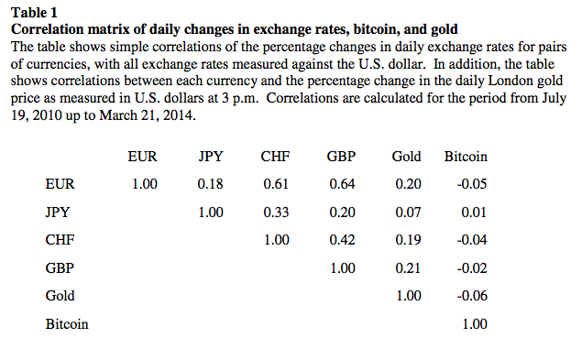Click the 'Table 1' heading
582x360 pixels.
pyautogui.click(x=34, y=13)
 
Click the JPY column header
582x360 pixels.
pyautogui.click(x=211, y=157)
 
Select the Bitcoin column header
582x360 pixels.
pyautogui.click(x=466, y=157)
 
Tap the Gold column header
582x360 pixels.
pyautogui.click(x=406, y=157)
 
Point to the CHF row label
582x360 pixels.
pyautogui.click(x=60, y=240)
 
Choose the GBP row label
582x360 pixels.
pyautogui.click(x=60, y=268)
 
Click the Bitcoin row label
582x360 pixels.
pyautogui.click(x=67, y=324)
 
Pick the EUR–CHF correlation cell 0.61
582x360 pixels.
pyautogui.click(x=276, y=184)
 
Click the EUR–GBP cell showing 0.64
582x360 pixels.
pyautogui.click(x=342, y=184)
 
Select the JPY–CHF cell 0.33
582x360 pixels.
pyautogui.click(x=276, y=213)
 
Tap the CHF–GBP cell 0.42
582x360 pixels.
pyautogui.click(x=342, y=240)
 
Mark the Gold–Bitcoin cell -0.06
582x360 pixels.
pyautogui.click(x=472, y=296)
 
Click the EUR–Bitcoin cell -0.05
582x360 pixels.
pyautogui.click(x=472, y=184)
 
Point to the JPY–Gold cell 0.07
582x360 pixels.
pyautogui.click(x=408, y=213)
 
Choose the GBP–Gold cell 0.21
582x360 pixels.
pyautogui.click(x=408, y=268)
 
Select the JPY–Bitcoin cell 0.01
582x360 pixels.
pyautogui.click(x=474, y=213)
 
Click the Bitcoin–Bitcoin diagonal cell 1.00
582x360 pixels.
pyautogui.click(x=475, y=324)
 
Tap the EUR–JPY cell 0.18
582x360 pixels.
pyautogui.click(x=210, y=184)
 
